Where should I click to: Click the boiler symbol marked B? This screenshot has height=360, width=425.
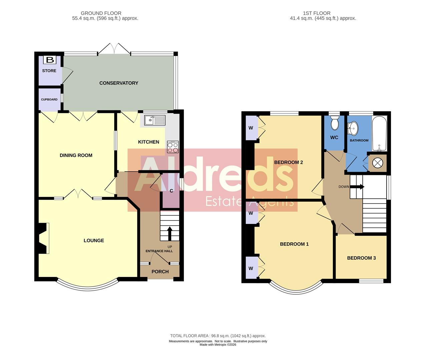click(50, 60)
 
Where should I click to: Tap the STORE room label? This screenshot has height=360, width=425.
click(49, 71)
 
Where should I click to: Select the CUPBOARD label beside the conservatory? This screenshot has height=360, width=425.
click(49, 99)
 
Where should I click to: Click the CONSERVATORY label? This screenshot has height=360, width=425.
click(119, 83)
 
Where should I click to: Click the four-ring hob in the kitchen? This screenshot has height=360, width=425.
click(172, 147)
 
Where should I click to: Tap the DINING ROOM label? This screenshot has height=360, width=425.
click(76, 155)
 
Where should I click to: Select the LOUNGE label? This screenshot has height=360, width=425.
click(94, 240)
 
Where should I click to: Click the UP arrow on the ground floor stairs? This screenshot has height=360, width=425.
click(169, 233)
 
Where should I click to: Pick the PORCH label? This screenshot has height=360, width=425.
click(160, 272)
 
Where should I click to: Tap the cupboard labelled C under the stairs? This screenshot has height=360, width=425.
click(171, 191)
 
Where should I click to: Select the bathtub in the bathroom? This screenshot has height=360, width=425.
click(379, 133)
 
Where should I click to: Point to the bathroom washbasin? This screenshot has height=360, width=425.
click(352, 127)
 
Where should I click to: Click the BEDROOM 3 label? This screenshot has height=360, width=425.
click(361, 258)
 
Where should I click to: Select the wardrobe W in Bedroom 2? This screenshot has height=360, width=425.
click(251, 128)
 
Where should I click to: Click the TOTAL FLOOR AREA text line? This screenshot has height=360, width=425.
click(218, 336)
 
